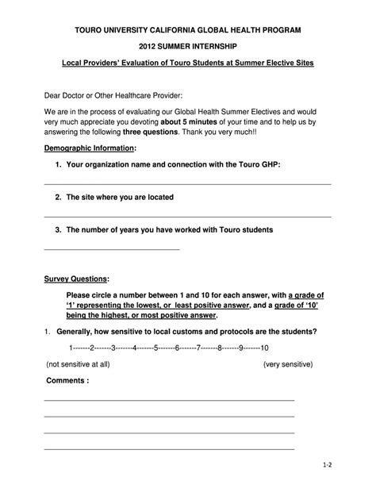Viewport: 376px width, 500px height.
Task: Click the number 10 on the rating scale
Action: point(264,348)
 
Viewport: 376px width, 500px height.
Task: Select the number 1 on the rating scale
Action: point(71,348)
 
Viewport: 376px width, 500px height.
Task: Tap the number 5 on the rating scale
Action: point(156,348)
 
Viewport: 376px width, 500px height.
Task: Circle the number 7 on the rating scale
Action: point(198,348)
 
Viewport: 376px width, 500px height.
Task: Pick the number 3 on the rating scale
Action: point(113,348)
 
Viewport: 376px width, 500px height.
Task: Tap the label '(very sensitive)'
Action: point(288,363)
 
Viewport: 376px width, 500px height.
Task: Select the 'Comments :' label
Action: point(67,380)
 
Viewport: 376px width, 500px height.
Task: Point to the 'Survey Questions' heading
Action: point(75,279)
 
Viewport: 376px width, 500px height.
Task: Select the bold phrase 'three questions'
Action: point(150,133)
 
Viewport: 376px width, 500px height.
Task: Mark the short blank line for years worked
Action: point(112,249)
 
